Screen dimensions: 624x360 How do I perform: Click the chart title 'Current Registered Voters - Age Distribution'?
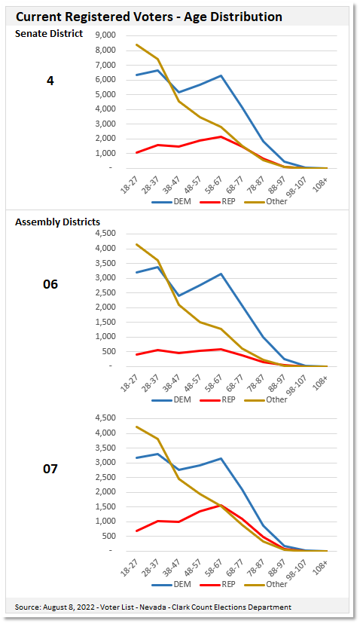[x=149, y=17]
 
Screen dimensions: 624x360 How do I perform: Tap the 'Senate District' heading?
[x=49, y=34]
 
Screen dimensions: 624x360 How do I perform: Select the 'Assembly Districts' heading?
[x=57, y=222]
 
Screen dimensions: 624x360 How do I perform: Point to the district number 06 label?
[x=50, y=284]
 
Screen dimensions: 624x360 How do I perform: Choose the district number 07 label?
[x=50, y=469]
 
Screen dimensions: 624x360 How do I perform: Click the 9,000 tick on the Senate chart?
[x=104, y=35]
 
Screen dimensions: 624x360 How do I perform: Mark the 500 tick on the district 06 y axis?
[x=108, y=351]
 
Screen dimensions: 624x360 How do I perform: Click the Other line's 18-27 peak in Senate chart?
[x=136, y=44]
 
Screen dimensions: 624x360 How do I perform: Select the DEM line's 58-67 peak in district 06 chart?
[x=221, y=274]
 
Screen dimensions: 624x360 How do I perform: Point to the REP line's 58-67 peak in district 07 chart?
[x=221, y=505]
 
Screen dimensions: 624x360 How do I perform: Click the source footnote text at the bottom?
[x=153, y=607]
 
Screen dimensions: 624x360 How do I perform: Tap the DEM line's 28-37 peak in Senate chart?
[x=157, y=70]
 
